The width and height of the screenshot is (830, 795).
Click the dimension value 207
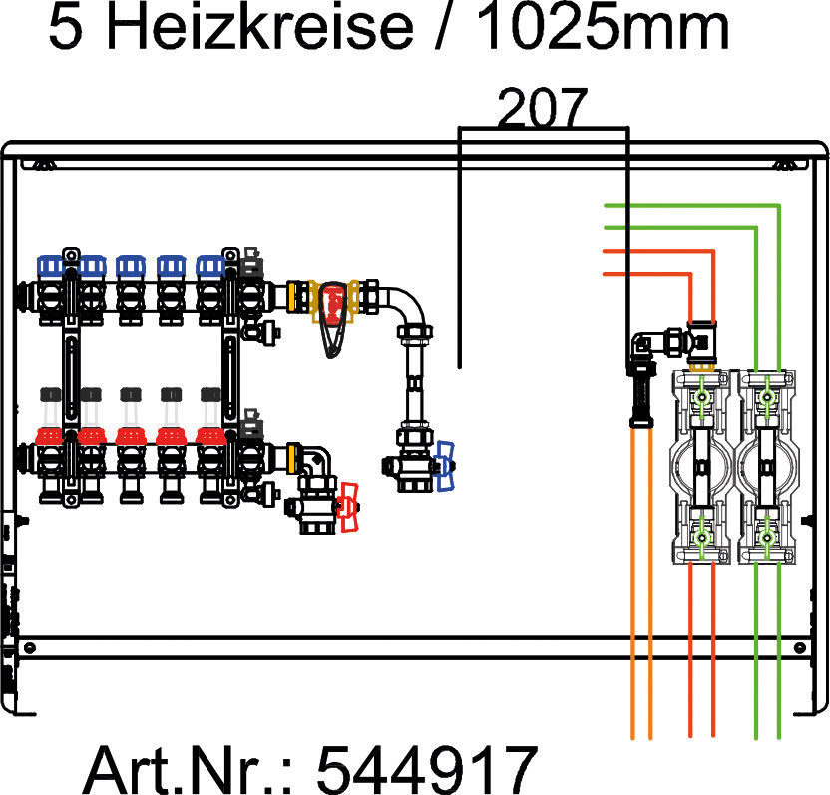(x=543, y=108)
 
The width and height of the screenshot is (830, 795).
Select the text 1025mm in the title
(x=603, y=30)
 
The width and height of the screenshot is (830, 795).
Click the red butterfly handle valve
(x=348, y=506)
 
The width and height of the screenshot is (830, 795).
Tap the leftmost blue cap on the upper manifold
(x=52, y=266)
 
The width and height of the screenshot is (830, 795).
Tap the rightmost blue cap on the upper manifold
(x=210, y=266)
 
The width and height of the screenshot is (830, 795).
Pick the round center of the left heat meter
(x=703, y=466)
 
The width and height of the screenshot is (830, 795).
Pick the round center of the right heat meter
(x=766, y=466)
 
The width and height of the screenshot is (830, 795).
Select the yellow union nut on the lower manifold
(x=293, y=459)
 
